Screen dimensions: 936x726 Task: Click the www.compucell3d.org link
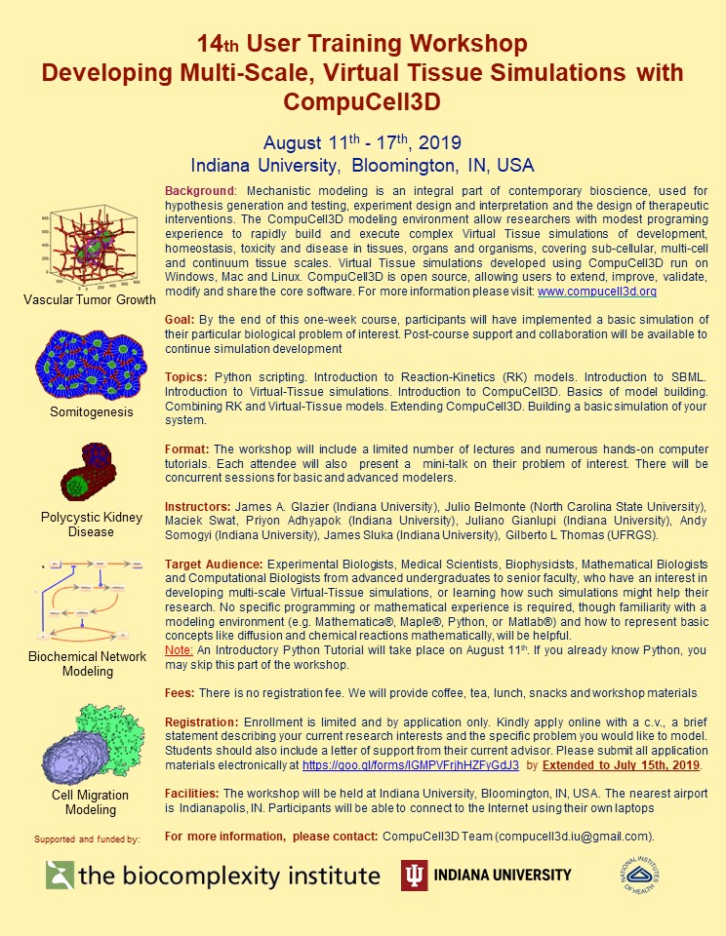596,292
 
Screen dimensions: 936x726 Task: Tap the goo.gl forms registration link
411,765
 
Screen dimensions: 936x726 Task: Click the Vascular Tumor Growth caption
90,299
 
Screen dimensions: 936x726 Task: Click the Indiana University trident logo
415,875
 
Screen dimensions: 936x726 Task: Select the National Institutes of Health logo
639,875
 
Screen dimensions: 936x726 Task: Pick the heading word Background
200,188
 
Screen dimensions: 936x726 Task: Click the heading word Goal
180,320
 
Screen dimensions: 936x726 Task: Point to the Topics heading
185,376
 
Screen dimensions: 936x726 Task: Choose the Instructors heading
197,508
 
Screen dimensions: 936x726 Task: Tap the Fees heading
181,692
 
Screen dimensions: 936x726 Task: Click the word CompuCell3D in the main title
362,100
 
